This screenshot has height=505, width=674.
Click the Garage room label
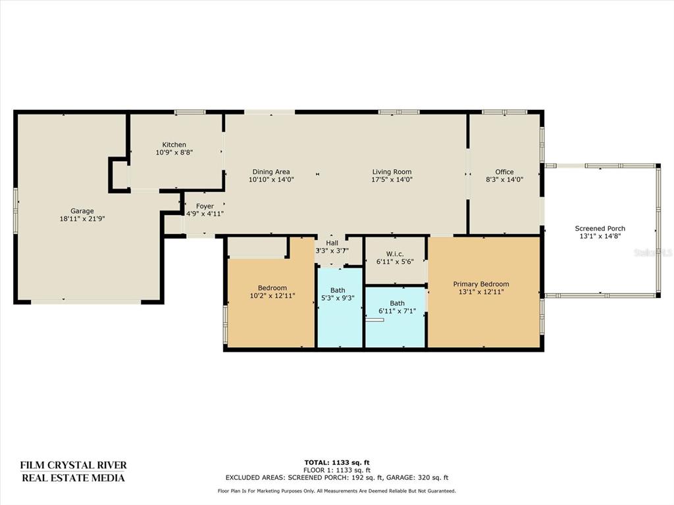point(82,211)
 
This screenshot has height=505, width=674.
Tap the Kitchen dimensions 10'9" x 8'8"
point(174,152)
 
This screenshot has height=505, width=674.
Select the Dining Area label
point(271,172)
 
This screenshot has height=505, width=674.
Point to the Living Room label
point(392,172)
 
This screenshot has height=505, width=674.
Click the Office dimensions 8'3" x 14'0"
point(504,180)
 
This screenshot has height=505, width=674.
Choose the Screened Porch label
point(600,228)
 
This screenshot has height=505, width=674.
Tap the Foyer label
point(205,206)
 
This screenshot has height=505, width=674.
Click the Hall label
point(332,243)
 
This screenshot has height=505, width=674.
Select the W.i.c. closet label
point(395,254)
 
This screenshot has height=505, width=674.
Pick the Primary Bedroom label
point(481,284)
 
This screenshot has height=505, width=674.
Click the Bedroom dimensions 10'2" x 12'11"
point(272,295)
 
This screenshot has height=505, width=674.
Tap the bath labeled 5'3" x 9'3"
point(338,294)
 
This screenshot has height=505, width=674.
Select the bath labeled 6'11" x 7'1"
point(397,307)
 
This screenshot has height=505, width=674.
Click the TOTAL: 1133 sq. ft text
point(336,462)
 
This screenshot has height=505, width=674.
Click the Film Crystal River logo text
point(74,471)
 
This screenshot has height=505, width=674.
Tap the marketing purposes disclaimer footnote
point(336,491)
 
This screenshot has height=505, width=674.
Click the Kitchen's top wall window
point(190,112)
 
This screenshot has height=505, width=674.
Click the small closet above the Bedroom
point(257,247)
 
